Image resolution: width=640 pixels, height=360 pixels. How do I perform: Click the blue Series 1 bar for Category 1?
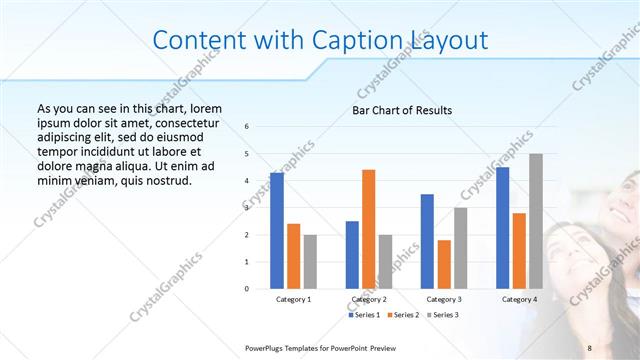(x=277, y=230)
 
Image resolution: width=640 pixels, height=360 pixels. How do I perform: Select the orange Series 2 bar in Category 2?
(x=368, y=229)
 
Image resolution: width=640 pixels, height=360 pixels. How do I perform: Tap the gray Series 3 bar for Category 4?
(x=536, y=221)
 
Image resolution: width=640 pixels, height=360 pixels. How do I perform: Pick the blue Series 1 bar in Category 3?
(x=427, y=241)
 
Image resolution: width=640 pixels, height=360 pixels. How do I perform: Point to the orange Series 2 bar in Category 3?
(x=444, y=264)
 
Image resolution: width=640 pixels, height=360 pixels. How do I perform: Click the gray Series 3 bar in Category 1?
(x=310, y=261)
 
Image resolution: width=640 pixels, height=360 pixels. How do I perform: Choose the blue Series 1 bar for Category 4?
(x=502, y=227)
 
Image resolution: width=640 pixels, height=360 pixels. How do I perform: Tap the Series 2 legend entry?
(x=403, y=315)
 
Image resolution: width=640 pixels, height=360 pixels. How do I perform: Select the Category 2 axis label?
(x=368, y=299)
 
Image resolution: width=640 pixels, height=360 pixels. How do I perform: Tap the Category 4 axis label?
(x=518, y=299)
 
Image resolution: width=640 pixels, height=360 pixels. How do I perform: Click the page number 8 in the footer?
(x=590, y=346)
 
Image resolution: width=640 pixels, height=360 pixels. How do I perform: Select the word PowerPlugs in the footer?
(x=266, y=346)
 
